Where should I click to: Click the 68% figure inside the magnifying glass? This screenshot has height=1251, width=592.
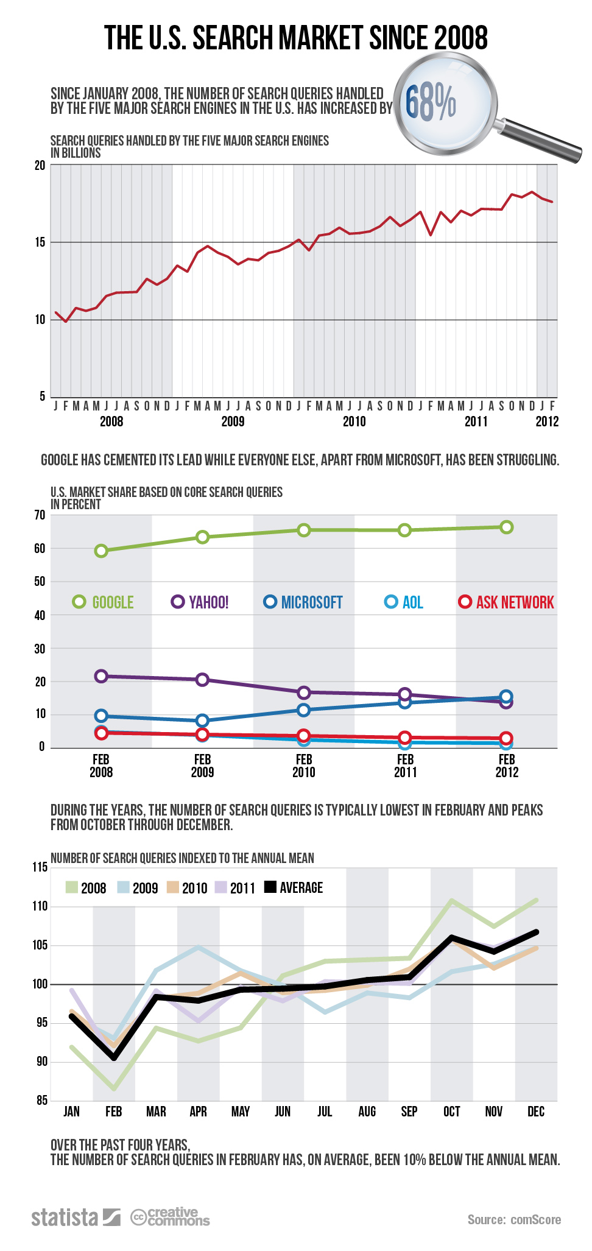click(431, 103)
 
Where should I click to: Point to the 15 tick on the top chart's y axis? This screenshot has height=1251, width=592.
click(40, 242)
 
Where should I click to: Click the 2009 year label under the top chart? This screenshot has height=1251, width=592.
click(233, 421)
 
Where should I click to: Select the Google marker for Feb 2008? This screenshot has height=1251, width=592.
click(101, 551)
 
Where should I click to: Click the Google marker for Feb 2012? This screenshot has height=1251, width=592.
click(506, 527)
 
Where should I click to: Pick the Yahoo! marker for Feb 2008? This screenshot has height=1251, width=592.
click(101, 676)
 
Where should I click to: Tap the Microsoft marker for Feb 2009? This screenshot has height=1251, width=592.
click(203, 721)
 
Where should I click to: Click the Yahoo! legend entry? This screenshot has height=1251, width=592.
click(201, 602)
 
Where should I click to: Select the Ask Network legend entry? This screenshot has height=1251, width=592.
click(507, 602)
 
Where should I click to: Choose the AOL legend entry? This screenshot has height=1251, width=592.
click(404, 602)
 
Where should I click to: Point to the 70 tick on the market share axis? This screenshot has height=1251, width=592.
click(40, 515)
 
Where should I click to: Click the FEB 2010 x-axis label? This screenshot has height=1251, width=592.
click(304, 766)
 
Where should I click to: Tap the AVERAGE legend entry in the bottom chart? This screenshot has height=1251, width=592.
click(294, 887)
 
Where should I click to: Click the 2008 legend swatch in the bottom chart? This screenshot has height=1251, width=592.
click(72, 887)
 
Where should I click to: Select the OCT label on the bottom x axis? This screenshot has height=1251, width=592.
click(451, 1112)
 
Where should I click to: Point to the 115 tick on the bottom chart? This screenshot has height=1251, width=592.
click(40, 867)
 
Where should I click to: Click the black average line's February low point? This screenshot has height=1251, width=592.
click(114, 1057)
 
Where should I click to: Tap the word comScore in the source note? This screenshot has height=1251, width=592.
click(535, 1219)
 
